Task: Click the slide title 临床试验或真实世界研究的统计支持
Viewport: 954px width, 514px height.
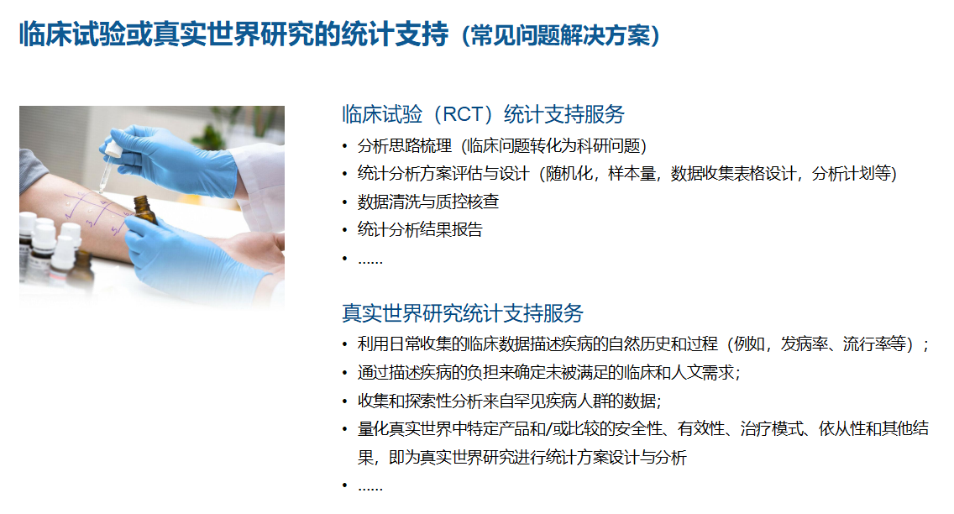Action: pyautogui.click(x=233, y=34)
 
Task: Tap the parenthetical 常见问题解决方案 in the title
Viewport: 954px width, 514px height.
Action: pyautogui.click(x=560, y=35)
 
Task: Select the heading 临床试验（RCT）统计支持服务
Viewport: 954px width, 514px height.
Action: pyautogui.click(x=483, y=114)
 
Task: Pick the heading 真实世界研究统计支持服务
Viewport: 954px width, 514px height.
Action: pyautogui.click(x=463, y=313)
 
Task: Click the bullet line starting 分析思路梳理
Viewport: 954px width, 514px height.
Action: pyautogui.click(x=502, y=146)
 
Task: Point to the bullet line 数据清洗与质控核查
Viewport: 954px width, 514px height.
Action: pyautogui.click(x=428, y=202)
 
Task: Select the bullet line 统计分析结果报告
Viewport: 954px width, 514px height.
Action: pyautogui.click(x=420, y=230)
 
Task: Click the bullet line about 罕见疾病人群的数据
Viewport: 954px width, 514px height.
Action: pyautogui.click(x=509, y=401)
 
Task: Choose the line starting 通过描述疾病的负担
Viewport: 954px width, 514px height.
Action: pyautogui.click(x=548, y=372)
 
